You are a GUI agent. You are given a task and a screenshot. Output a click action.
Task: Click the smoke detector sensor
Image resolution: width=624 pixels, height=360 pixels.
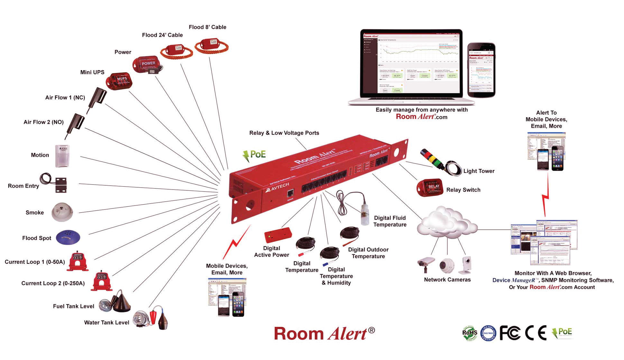pos(62,212)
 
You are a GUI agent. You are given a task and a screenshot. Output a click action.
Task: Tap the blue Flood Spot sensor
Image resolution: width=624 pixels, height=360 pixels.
pos(68,237)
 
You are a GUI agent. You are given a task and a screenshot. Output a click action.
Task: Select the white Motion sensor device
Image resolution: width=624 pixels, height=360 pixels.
pos(62,156)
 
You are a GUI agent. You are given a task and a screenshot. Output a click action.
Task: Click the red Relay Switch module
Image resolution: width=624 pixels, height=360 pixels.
pos(430,188)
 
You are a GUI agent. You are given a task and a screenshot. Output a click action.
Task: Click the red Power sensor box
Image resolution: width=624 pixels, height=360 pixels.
pos(146,64)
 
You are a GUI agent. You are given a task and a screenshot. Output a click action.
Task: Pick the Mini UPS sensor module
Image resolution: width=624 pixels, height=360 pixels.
pos(119,80)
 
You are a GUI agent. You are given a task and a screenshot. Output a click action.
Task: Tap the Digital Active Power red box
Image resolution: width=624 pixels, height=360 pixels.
pos(278,235)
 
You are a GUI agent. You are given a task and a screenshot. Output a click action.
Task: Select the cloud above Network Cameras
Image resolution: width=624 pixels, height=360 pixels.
pos(446,222)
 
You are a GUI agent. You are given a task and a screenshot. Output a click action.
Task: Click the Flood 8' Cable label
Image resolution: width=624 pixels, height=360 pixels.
pos(207,27)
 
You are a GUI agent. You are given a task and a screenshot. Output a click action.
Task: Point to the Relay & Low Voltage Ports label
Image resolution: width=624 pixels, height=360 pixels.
pos(284,133)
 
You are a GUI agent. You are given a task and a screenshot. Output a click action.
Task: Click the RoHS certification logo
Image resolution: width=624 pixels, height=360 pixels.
pos(470,333)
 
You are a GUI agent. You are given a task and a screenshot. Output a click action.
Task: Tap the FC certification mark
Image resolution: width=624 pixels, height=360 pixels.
pos(510,333)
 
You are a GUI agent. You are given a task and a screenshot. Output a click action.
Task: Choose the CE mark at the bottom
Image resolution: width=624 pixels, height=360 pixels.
pos(536,333)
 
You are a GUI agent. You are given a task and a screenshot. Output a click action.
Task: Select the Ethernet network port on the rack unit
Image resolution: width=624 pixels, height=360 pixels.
pos(290,193)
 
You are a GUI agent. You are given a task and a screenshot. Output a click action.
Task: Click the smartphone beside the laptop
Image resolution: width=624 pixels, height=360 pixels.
pos(481,70)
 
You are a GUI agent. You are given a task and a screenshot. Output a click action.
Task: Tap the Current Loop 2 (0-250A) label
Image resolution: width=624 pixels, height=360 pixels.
pos(53,283)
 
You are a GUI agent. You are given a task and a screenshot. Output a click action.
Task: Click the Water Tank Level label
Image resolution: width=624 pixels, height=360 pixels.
pos(106,322)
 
